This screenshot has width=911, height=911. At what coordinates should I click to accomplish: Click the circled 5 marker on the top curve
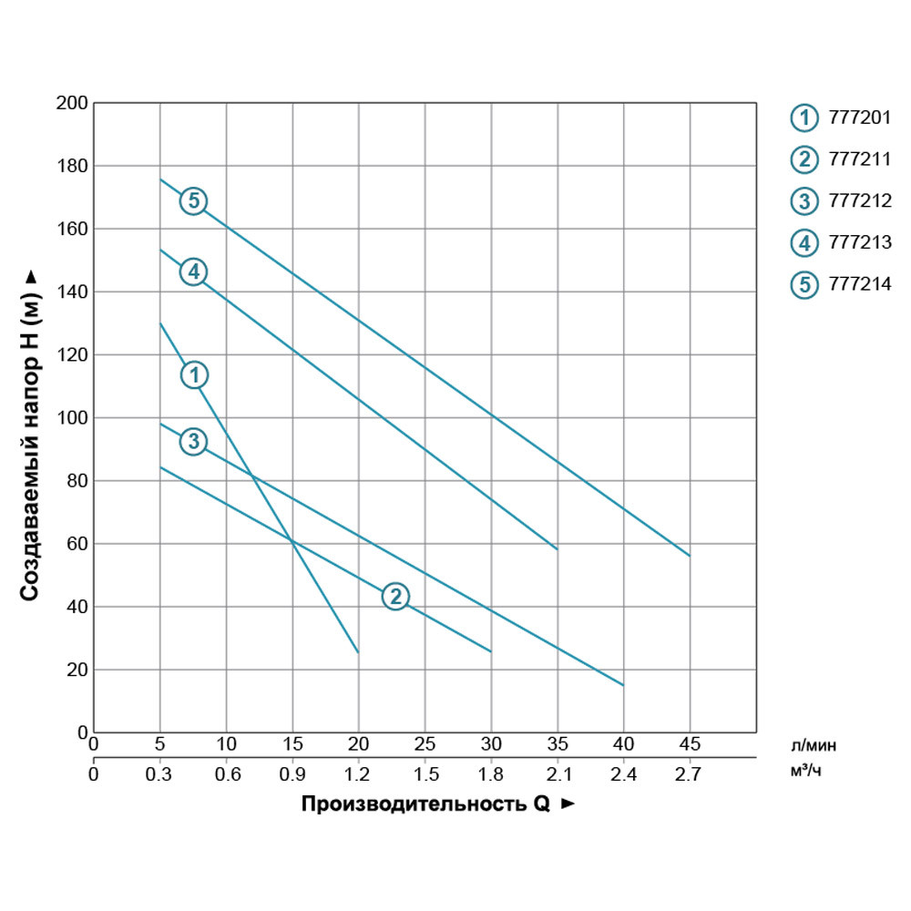pos(193,200)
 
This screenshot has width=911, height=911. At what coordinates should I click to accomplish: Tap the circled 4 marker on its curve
pos(193,271)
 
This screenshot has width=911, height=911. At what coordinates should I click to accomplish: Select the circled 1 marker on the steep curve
pos(194,374)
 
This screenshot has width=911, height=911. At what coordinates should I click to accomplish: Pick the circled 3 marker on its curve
pos(193,442)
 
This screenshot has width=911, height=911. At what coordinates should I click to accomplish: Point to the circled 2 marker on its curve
pos(394,597)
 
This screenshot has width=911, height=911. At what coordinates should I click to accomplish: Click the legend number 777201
pos(859,118)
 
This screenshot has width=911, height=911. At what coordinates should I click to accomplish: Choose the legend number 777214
pos(859,284)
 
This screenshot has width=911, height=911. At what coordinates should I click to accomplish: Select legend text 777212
pos(859,201)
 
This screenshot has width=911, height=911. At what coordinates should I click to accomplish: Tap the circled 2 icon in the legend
pos(804,159)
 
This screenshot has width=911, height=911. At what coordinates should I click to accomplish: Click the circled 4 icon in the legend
pos(804,243)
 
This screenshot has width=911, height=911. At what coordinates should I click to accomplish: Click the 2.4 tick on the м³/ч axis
pos(623,775)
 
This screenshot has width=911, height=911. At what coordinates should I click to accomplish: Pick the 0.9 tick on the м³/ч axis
pos(292,775)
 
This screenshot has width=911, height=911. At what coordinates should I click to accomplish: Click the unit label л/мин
pos(814,745)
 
